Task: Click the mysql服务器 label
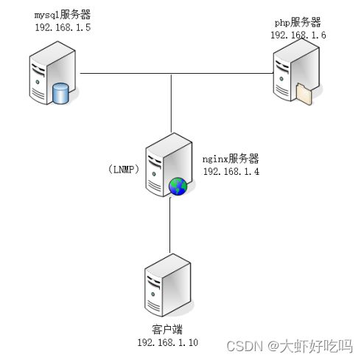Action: tap(63, 15)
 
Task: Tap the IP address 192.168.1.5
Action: tap(63, 27)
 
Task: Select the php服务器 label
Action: tap(298, 22)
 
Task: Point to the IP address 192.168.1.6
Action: tap(298, 35)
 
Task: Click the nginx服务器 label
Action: tap(231, 159)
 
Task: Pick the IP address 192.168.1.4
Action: tap(231, 171)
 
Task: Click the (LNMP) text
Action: tap(124, 169)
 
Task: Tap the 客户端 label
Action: tap(167, 330)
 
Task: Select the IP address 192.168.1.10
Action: tap(168, 342)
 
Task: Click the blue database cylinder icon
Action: tap(60, 94)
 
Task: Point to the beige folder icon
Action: tap(304, 94)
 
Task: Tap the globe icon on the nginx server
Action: tap(178, 187)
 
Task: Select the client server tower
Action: tap(168, 285)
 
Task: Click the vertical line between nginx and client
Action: tap(169, 225)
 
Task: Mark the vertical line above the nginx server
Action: tap(171, 103)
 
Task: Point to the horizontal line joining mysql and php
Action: tap(177, 73)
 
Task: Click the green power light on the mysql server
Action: tap(38, 82)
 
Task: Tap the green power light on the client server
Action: tap(153, 294)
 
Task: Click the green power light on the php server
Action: tap(281, 79)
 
